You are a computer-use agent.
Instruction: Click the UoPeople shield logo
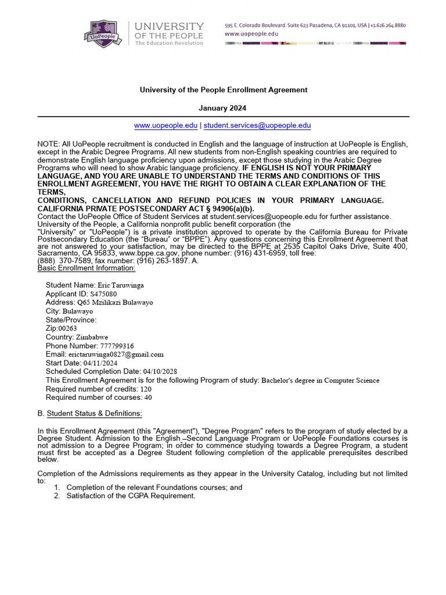click(x=106, y=32)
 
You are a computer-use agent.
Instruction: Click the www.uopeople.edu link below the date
click(x=166, y=126)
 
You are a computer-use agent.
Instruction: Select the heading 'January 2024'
click(x=223, y=108)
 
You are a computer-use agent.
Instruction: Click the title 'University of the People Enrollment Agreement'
click(x=223, y=90)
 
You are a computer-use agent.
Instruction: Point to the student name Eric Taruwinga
click(x=121, y=285)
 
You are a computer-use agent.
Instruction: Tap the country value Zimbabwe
click(x=92, y=337)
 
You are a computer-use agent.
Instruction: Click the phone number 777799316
click(x=117, y=346)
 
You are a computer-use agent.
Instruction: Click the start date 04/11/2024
click(x=100, y=363)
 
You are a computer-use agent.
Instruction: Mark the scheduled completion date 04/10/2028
click(x=160, y=371)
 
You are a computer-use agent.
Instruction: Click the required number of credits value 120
click(x=146, y=389)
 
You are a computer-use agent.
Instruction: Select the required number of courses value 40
click(x=148, y=397)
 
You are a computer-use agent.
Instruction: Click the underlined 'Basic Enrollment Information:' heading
click(x=87, y=268)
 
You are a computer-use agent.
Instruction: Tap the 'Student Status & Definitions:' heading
click(x=94, y=414)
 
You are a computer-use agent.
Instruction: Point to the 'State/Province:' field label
click(x=71, y=320)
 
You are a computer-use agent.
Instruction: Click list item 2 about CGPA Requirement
click(x=131, y=496)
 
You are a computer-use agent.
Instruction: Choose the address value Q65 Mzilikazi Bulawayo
click(x=115, y=303)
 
